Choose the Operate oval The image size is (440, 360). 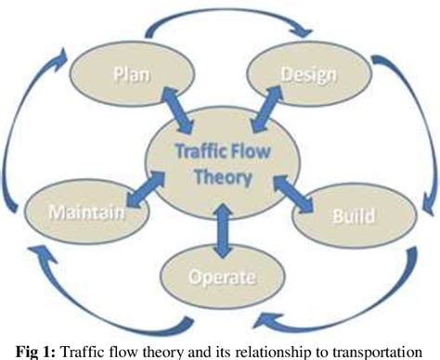coord(220,276)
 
